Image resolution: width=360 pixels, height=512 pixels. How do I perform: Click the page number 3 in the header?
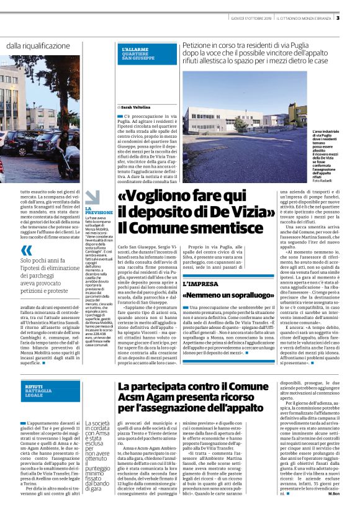pyautogui.click(x=354, y=17)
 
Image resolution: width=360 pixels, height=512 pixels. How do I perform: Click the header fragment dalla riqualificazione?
pyautogui.click(x=38, y=46)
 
